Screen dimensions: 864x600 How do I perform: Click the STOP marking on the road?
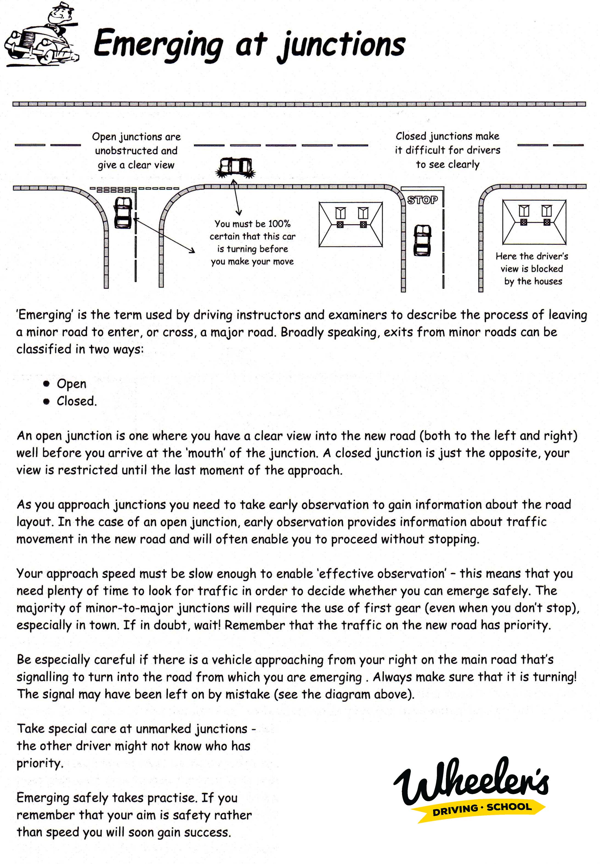point(423,200)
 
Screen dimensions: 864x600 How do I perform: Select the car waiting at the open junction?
point(123,213)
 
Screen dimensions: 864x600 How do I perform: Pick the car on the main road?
point(235,166)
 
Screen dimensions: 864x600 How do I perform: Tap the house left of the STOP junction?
point(351,224)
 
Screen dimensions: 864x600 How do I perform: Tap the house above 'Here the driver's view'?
point(534,222)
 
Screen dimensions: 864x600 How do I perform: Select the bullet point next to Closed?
point(46,401)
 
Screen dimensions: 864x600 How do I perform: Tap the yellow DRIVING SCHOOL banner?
point(482,808)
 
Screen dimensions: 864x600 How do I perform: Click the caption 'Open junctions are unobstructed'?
point(136,150)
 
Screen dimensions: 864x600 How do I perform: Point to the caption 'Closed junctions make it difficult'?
point(447,150)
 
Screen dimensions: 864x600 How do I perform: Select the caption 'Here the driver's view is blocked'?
point(532,269)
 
